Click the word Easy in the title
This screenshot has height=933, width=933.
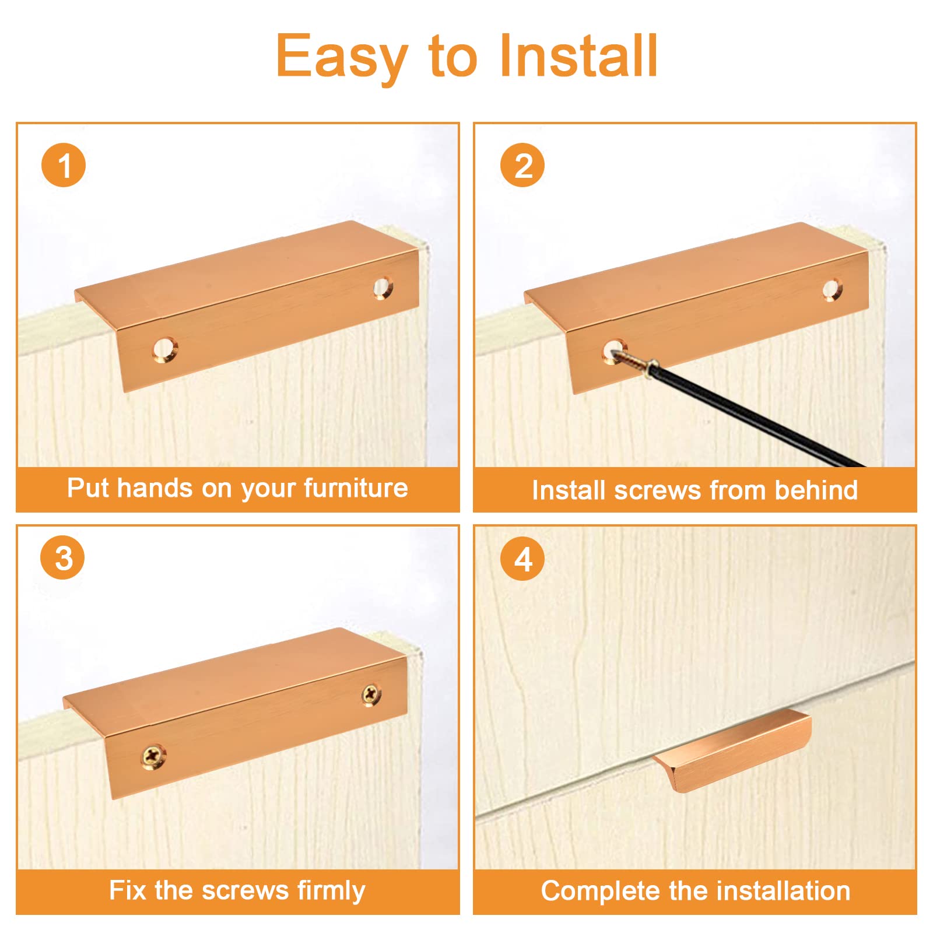(341, 57)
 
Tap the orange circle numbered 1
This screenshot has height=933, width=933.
(64, 165)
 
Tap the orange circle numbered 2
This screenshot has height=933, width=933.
(522, 165)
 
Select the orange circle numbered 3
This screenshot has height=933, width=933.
(62, 557)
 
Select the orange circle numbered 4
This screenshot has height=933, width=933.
(522, 559)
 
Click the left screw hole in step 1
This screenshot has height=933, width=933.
(165, 349)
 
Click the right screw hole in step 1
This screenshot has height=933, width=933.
(383, 288)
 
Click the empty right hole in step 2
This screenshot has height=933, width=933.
(832, 290)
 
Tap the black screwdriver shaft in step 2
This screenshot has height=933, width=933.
(758, 415)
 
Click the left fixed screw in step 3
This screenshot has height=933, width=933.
(154, 756)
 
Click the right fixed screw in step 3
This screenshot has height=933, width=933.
(371, 695)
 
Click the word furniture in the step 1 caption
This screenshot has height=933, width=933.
(356, 487)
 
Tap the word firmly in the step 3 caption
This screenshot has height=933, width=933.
(331, 891)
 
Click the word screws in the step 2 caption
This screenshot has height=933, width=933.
(657, 490)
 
